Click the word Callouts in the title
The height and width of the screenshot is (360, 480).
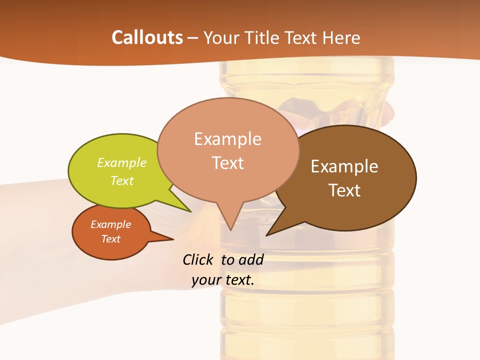(x=147, y=37)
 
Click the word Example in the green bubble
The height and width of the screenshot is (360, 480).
(x=122, y=163)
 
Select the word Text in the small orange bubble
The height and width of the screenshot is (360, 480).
(x=111, y=239)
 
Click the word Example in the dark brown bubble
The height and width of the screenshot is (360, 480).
(x=344, y=166)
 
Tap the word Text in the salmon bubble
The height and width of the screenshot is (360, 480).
(x=228, y=163)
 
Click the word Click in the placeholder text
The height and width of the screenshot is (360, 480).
(x=199, y=259)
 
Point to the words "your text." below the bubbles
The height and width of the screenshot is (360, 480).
(x=223, y=280)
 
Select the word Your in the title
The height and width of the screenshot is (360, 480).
(x=219, y=37)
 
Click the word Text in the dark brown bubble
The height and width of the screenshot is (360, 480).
(x=345, y=190)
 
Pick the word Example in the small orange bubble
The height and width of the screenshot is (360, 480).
(x=111, y=224)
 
